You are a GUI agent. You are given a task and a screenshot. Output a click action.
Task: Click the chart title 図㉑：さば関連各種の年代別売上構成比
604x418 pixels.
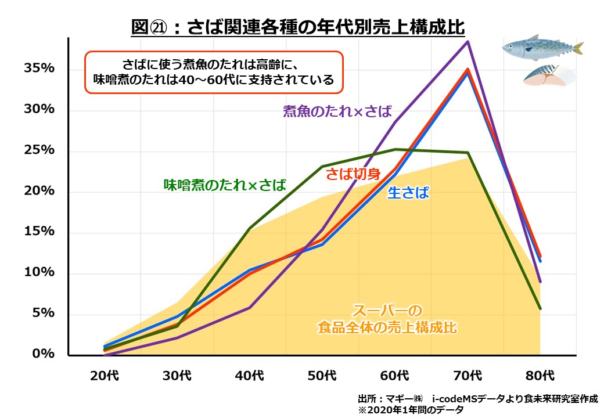(299, 27)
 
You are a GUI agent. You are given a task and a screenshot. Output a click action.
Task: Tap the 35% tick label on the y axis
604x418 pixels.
(39, 69)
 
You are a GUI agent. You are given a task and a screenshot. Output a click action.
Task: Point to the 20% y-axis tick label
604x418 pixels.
(39, 191)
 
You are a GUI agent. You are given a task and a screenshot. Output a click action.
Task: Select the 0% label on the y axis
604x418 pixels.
(43, 354)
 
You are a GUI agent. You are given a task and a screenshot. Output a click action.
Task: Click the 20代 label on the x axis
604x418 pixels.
(105, 375)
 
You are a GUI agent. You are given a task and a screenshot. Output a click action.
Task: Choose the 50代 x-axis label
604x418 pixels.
(322, 375)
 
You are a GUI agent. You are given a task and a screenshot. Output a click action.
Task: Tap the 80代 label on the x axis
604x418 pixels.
(540, 375)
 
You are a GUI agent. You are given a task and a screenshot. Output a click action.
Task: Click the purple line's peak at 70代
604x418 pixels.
(468, 41)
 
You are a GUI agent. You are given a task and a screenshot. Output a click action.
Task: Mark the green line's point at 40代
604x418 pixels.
(250, 228)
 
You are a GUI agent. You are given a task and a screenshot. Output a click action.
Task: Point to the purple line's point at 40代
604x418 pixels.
(250, 307)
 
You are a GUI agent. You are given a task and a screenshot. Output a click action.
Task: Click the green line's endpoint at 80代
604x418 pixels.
(540, 308)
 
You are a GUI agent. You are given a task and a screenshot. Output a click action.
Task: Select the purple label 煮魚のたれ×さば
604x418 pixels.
(337, 111)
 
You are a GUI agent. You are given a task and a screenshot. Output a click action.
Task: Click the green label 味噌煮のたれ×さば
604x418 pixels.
(225, 185)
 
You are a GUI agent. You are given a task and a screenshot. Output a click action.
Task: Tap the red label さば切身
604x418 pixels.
(353, 174)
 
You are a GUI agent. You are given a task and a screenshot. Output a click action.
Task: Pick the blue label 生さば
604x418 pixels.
(408, 193)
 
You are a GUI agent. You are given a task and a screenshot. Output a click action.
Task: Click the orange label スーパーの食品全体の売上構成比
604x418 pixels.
(387, 319)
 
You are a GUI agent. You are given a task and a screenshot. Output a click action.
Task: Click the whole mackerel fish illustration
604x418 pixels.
(542, 48)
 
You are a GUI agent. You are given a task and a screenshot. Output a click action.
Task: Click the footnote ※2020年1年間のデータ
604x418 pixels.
(411, 410)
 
